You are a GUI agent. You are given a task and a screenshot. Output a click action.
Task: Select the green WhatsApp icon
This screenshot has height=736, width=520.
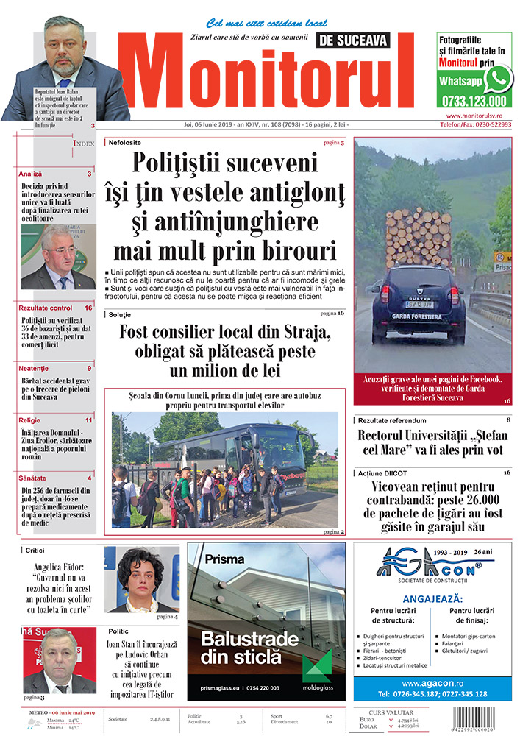pyautogui.click(x=497, y=78)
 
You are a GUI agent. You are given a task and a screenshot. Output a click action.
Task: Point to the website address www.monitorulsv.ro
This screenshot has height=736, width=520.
pyautogui.click(x=474, y=116)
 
